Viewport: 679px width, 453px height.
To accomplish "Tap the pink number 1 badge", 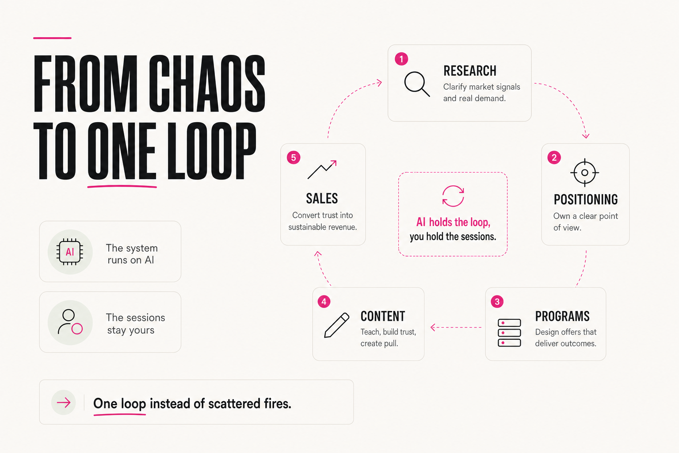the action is [x=401, y=59].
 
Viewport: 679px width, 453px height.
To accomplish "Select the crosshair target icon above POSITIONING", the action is [x=585, y=173].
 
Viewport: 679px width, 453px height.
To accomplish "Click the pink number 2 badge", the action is [x=554, y=157].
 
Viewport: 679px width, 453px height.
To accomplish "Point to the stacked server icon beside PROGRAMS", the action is [x=509, y=333].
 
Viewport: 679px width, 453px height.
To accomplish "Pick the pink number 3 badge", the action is [x=497, y=302].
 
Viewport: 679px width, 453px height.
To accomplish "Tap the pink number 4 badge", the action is [x=324, y=302].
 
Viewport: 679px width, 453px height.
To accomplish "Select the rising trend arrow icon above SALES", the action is [x=322, y=169].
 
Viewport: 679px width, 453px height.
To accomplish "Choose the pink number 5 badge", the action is [x=294, y=157].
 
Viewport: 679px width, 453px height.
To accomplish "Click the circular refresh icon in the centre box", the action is [x=453, y=196].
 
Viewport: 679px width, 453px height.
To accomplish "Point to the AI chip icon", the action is [x=70, y=252].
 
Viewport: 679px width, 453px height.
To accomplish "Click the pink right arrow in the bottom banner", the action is [x=64, y=403].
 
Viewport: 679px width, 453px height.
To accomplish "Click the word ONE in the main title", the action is [x=122, y=151].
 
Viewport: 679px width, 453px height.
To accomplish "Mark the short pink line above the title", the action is [x=52, y=38].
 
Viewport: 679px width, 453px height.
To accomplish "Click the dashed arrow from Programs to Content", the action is [x=456, y=327].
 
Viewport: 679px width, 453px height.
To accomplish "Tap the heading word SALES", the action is [x=322, y=199].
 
